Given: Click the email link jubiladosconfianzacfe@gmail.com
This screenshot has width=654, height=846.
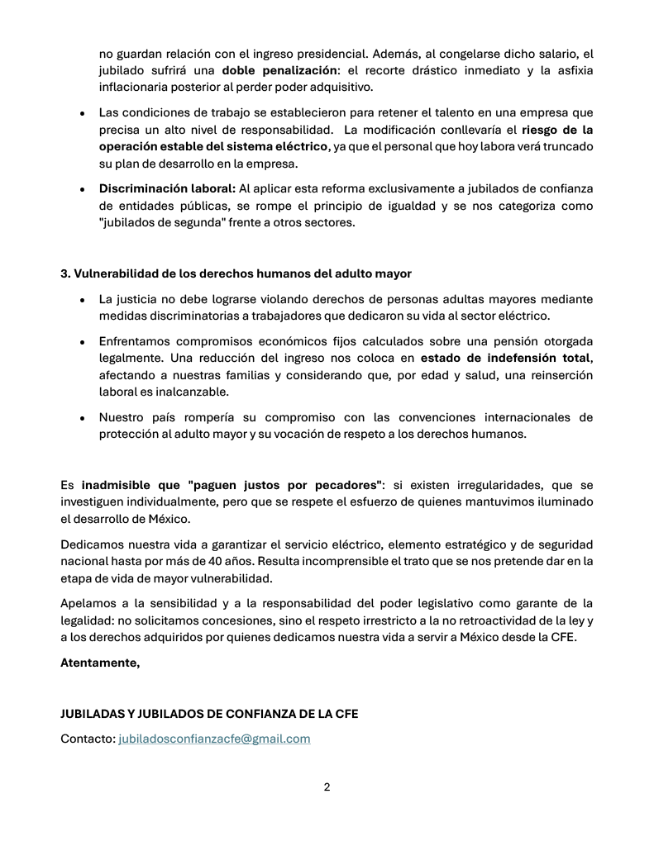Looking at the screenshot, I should click(215, 739).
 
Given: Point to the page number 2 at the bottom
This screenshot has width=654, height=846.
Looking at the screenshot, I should click(327, 787).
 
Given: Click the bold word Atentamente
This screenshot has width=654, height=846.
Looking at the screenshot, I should click(100, 663).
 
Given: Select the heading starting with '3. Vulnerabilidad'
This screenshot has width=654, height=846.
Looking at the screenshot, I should click(236, 273).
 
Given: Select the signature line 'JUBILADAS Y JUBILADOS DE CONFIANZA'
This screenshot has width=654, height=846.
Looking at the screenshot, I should click(209, 715).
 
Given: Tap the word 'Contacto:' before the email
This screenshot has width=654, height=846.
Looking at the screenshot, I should click(88, 739).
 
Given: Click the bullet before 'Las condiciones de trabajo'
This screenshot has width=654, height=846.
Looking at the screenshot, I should click(82, 113).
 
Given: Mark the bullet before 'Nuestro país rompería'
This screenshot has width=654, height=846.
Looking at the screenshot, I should click(82, 419).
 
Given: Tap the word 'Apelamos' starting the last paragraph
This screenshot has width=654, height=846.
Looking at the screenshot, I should click(90, 603).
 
